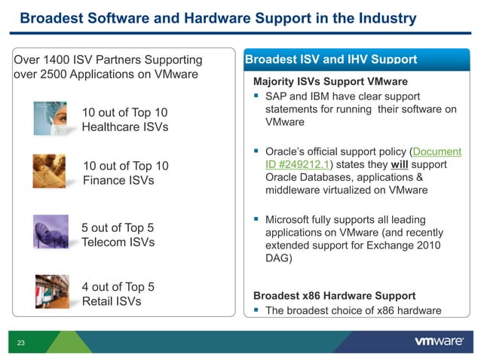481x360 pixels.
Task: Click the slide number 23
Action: point(20,343)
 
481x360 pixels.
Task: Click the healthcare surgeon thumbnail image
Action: point(51,117)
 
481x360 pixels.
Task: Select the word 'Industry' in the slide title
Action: point(380,17)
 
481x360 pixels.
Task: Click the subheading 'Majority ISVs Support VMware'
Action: point(330,81)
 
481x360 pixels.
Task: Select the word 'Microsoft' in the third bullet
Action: point(293,219)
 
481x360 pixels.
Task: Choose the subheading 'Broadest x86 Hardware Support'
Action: point(335,294)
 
